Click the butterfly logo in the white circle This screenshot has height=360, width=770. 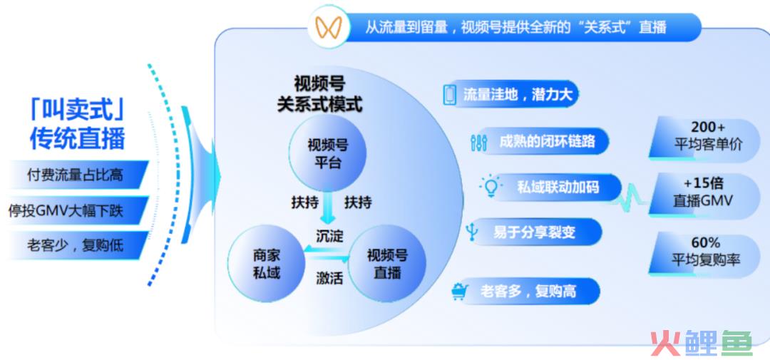pos(329,27)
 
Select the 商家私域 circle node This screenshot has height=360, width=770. pos(267,264)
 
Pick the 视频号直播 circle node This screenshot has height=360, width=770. pos(387,264)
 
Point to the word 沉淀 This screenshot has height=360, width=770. pos(329,236)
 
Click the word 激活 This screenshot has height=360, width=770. pos(329,279)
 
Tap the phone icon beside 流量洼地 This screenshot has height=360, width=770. pos(449,94)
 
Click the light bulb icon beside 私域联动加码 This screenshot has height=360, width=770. pos(490,187)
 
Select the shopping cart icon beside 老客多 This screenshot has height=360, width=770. pos(460,292)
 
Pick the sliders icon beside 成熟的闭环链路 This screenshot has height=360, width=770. pos(478,142)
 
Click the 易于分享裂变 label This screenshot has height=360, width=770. pos(534,232)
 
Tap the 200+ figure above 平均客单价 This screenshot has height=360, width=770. pos(708,128)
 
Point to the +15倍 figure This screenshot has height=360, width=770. pos(703,184)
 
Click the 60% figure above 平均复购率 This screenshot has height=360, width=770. pos(706,242)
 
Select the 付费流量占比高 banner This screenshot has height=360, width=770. pos(76,175)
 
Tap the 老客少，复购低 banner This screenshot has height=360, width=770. pos(76,245)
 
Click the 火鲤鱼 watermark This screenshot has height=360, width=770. pos(702,342)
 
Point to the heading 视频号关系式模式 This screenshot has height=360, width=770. pos(319,94)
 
